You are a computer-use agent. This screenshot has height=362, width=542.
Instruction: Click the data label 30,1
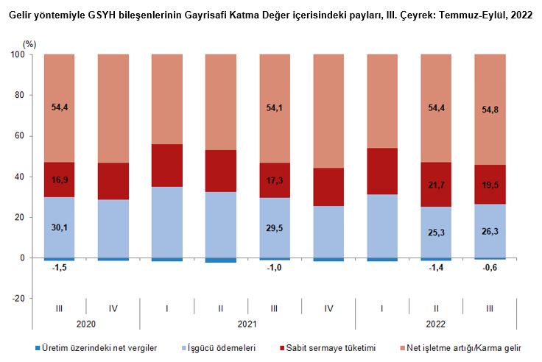click(60, 228)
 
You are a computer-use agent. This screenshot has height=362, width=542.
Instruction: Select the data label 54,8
click(490, 107)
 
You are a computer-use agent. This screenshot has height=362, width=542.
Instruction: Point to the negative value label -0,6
click(490, 267)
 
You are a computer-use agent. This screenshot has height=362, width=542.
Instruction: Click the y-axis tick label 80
click(20, 96)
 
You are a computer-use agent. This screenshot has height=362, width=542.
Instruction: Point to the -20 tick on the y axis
click(18, 299)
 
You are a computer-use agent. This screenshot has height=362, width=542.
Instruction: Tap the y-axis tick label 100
click(18, 55)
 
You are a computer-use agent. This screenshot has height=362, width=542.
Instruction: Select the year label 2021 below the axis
click(248, 322)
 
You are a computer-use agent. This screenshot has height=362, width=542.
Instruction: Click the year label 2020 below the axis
click(86, 322)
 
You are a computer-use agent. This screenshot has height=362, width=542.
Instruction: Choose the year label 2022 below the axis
click(436, 322)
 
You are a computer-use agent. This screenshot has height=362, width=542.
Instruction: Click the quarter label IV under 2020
click(113, 307)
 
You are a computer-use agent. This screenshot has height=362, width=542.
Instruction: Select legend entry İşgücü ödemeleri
click(222, 348)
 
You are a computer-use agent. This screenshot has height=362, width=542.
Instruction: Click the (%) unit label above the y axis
click(29, 44)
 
